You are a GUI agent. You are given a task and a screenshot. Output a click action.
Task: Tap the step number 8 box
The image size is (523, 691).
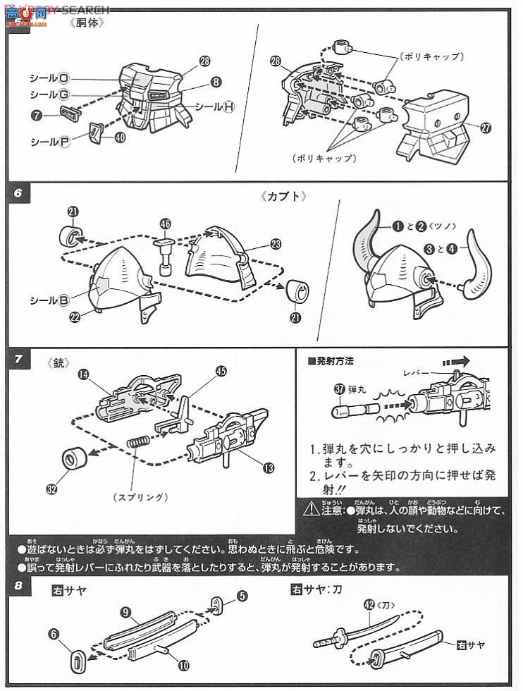pos(18,585)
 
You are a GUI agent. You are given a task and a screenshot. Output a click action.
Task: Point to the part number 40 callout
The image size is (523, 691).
pos(120,137)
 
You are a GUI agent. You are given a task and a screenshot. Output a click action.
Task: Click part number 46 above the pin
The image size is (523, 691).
pos(166,224)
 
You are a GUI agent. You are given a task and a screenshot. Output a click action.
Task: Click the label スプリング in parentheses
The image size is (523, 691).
pos(140,498)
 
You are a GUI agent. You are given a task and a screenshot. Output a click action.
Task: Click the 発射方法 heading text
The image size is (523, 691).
pos(334,361)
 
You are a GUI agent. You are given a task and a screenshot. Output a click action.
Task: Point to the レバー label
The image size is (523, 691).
pos(416,372)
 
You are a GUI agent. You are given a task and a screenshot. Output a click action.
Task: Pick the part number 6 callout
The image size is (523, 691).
pos(54,634)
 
